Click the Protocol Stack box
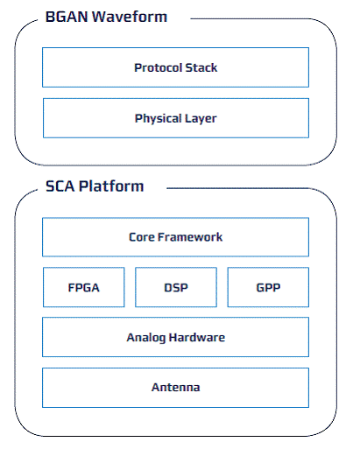coord(175,67)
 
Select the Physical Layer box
coord(176,118)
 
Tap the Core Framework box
coord(175,237)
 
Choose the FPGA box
coord(84,287)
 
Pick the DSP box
coord(176,287)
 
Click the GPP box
coord(268,287)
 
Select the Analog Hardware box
coord(175,337)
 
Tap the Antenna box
coord(175,388)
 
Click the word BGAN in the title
coord(67,17)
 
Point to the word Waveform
coord(130,17)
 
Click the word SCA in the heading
coord(60,186)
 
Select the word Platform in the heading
coord(111,186)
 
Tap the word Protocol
coord(159,67)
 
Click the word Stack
coord(201,67)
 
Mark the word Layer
coord(201,119)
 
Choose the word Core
coord(142,237)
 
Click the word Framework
coord(190,237)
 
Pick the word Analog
coord(146,338)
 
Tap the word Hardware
coord(197,337)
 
